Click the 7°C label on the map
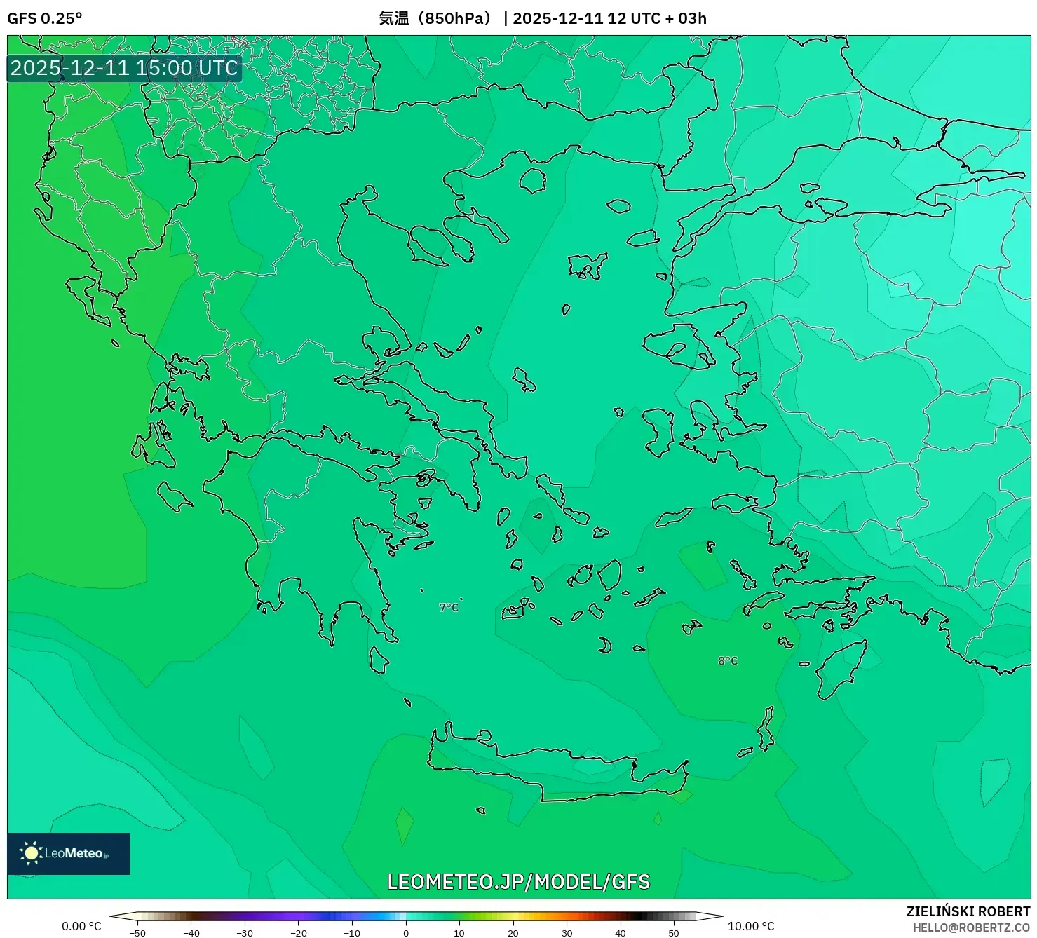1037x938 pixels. point(449,607)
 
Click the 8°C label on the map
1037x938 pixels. point(728,660)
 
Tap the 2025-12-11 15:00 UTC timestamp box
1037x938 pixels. point(124,68)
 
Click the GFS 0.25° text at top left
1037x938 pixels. point(44,18)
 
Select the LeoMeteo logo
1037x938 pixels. point(69,853)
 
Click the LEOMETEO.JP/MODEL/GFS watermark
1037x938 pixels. point(518,881)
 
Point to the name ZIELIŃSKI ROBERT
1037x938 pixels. point(968,911)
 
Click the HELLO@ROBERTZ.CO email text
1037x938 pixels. point(970,927)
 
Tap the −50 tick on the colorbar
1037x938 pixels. point(137,932)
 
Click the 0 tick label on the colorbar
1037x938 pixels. point(405,932)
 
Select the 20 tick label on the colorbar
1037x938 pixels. point(513,932)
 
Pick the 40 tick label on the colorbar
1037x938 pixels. point(620,932)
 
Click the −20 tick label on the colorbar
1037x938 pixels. point(298,932)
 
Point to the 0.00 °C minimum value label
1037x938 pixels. point(81,926)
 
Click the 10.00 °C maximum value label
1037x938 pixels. point(750,926)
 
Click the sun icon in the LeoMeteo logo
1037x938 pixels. point(31,853)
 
